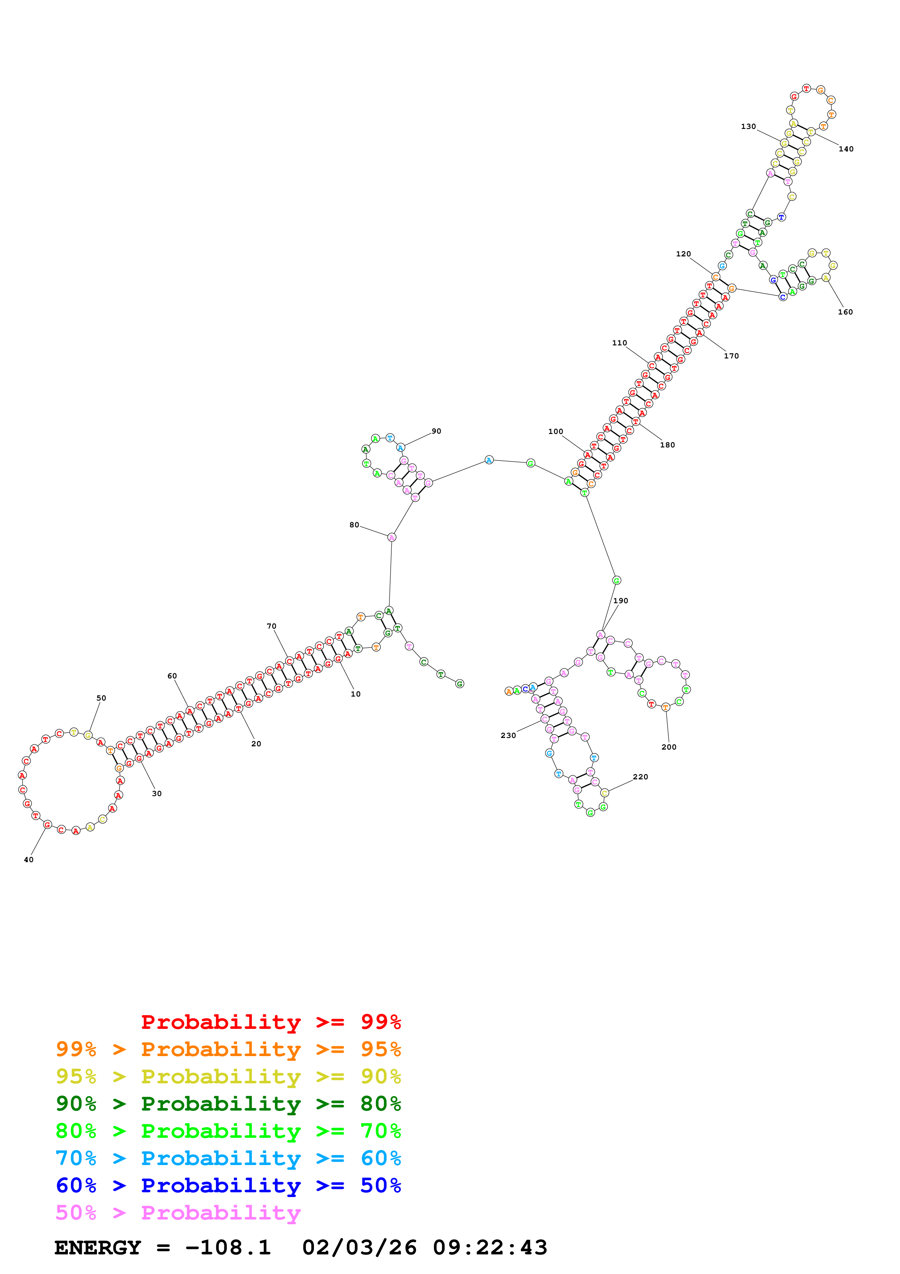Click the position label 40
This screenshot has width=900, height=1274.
28,860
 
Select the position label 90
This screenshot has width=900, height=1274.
436,431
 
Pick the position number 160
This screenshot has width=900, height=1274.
845,312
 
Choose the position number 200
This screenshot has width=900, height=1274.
669,747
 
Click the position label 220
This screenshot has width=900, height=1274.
640,777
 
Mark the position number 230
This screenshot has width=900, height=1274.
508,735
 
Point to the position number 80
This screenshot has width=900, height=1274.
354,525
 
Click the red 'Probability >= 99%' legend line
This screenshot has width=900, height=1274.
270,1022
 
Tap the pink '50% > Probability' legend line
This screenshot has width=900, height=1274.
178,1213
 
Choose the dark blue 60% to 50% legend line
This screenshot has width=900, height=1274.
228,1186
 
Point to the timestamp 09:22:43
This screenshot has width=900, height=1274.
490,1248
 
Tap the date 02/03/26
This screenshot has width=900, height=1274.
359,1248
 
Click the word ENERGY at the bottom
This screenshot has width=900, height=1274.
98,1248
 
